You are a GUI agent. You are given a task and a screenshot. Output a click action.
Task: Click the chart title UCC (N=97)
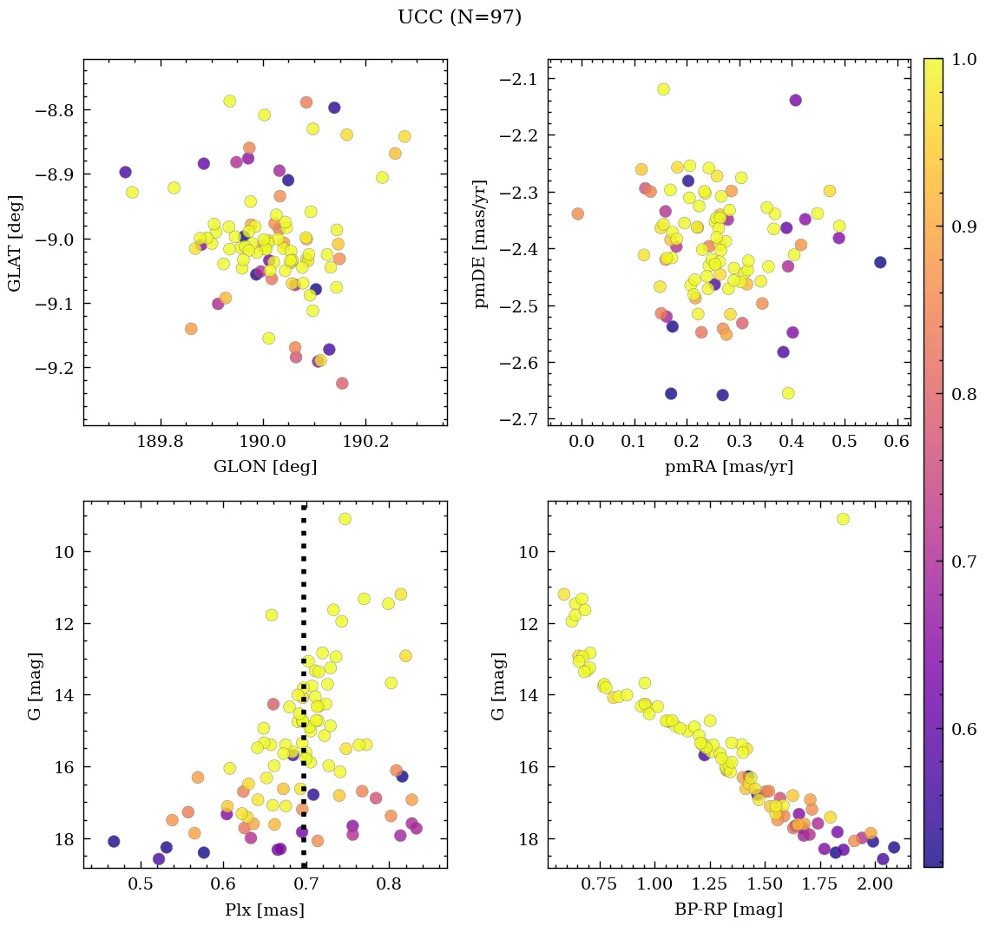point(459,17)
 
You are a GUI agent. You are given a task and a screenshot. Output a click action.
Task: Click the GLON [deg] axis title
point(265,467)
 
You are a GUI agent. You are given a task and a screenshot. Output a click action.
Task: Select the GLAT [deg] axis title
point(15,242)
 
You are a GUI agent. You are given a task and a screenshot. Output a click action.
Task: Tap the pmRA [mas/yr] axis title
point(728,467)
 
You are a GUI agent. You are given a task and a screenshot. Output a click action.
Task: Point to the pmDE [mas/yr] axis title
point(480,244)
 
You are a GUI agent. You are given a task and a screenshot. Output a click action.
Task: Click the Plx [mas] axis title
point(265,910)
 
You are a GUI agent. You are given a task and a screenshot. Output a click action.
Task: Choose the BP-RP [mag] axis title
point(728,910)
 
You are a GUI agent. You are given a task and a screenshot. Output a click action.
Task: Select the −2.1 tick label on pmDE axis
point(518,79)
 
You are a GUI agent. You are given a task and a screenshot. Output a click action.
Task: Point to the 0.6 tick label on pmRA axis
point(897,443)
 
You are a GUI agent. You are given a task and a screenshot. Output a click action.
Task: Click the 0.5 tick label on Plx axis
point(141,885)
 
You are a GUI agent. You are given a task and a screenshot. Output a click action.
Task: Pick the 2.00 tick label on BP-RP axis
point(873,885)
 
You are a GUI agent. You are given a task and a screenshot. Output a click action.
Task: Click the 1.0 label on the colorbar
point(963,59)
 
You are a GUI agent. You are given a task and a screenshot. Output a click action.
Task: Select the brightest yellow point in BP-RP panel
point(843,519)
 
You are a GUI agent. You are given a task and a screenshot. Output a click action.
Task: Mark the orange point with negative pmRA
point(578,213)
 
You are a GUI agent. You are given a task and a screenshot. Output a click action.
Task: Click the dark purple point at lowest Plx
point(114,842)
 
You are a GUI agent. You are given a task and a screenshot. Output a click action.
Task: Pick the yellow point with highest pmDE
point(663,89)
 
